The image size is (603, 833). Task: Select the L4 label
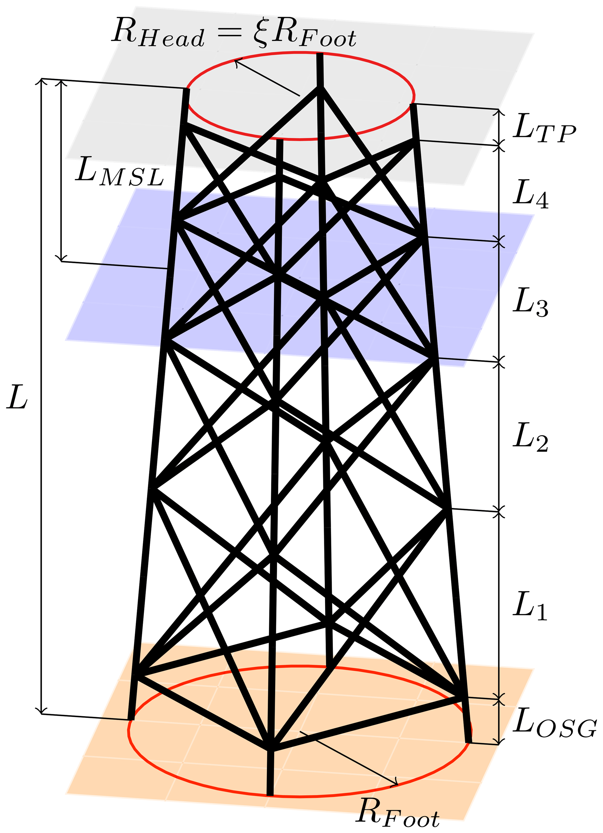pos(530,194)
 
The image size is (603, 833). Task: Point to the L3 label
pos(530,302)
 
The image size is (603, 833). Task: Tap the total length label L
pos(17,398)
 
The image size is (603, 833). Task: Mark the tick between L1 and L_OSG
pos(498,700)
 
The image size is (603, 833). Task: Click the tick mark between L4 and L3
pos(498,242)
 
